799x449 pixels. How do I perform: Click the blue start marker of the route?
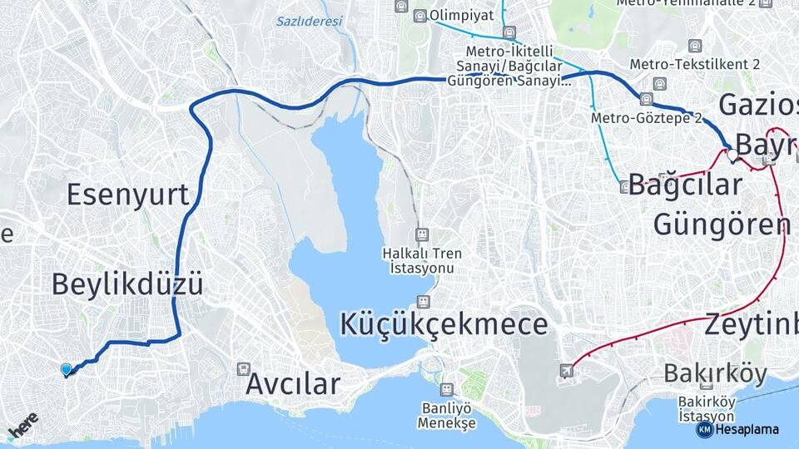[x=67, y=370]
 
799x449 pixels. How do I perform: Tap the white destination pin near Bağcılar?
[x=732, y=154]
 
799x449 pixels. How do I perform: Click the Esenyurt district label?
[x=127, y=195]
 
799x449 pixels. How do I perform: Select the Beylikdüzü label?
[x=127, y=284]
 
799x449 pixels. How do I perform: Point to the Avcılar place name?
[x=293, y=384]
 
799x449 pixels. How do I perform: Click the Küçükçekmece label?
[x=444, y=323]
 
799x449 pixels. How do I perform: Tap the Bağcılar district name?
[x=685, y=185]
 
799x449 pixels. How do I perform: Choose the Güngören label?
[x=721, y=224]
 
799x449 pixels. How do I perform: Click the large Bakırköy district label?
[x=715, y=373]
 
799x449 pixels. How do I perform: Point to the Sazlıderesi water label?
[x=309, y=22]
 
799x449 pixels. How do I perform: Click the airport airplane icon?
[x=567, y=370]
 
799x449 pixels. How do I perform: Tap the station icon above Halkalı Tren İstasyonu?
[x=422, y=234]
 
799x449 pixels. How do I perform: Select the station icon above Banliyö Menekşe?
[x=447, y=388]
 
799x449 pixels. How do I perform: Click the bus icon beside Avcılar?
[x=243, y=368]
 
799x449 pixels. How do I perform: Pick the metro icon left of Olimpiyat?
[x=420, y=16]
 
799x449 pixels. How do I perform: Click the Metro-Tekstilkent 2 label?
[x=694, y=64]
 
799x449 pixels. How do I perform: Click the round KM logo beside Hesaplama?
[x=704, y=429]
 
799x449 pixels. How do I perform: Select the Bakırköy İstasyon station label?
[x=706, y=409]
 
